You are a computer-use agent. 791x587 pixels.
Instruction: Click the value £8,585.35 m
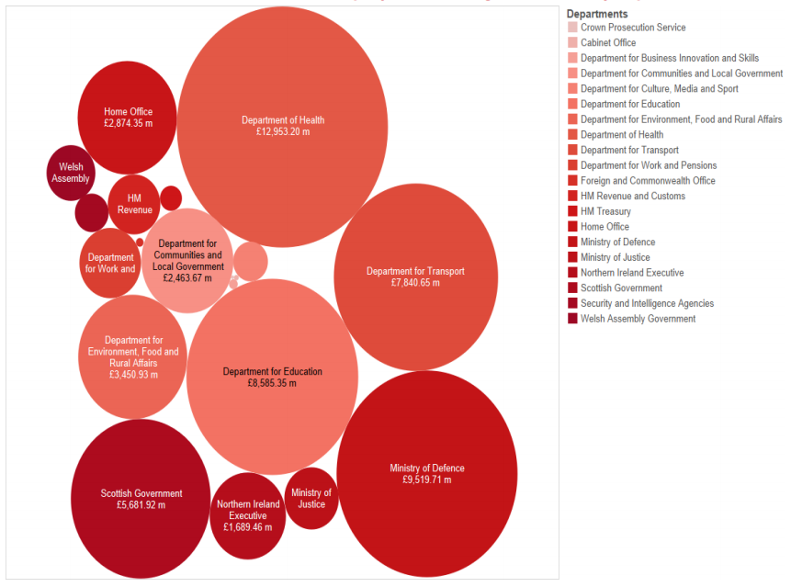(272, 383)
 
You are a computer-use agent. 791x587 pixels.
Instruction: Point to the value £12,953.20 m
(283, 132)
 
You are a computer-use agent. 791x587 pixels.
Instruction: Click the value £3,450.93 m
(133, 375)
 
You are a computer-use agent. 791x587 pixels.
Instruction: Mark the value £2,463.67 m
(187, 277)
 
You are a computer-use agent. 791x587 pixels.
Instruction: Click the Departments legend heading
(597, 14)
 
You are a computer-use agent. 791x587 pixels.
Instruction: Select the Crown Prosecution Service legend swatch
(572, 28)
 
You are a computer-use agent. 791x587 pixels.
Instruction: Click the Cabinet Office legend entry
(607, 42)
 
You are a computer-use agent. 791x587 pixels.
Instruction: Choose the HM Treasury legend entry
(605, 211)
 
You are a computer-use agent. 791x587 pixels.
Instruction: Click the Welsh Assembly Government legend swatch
(572, 319)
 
